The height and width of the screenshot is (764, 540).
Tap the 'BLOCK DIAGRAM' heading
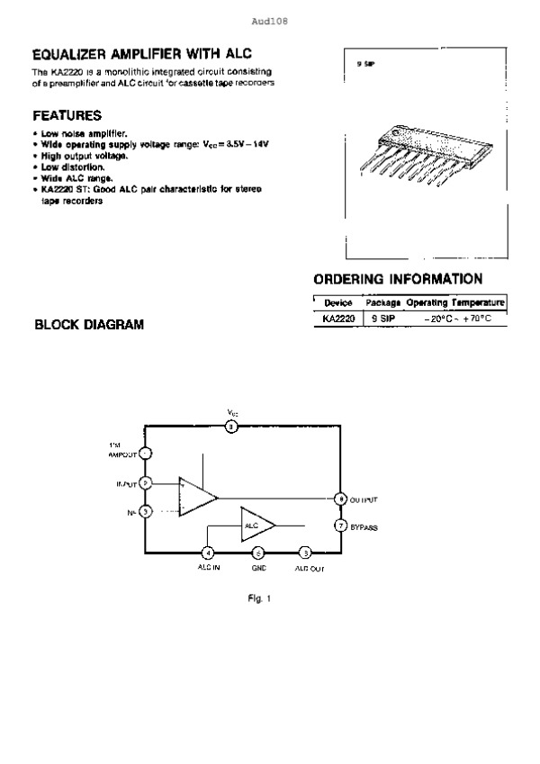[88, 324]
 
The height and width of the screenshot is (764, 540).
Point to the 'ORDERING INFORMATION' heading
[398, 279]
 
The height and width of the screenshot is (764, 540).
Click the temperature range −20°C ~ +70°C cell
[454, 319]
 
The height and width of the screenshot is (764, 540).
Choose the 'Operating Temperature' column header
[455, 302]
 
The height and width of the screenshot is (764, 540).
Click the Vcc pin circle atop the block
[231, 427]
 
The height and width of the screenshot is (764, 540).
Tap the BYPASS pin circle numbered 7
[340, 526]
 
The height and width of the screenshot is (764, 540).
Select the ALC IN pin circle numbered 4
[208, 553]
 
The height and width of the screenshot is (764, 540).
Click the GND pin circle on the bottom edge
[257, 553]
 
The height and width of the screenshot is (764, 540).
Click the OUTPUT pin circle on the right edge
[340, 498]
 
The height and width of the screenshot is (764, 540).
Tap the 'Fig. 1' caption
[259, 598]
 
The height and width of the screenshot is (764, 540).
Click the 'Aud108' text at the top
[270, 20]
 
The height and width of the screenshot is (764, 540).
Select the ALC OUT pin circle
[305, 553]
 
